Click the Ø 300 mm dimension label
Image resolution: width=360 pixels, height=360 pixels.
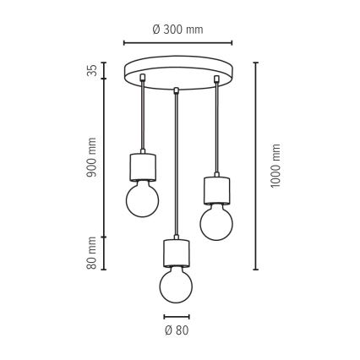coord(177,30)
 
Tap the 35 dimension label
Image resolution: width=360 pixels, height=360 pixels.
coord(92,70)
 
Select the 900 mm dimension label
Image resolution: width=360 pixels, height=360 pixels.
coord(91,157)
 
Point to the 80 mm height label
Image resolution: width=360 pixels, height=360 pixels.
coord(91,253)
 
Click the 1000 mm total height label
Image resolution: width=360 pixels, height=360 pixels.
coord(275,166)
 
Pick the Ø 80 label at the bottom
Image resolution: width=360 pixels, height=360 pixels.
coord(177,330)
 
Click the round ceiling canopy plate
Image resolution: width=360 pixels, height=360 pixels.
coord(178,73)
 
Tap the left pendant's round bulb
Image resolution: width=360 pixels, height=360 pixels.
coord(142,199)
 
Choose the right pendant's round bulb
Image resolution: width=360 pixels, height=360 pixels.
coord(216,223)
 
